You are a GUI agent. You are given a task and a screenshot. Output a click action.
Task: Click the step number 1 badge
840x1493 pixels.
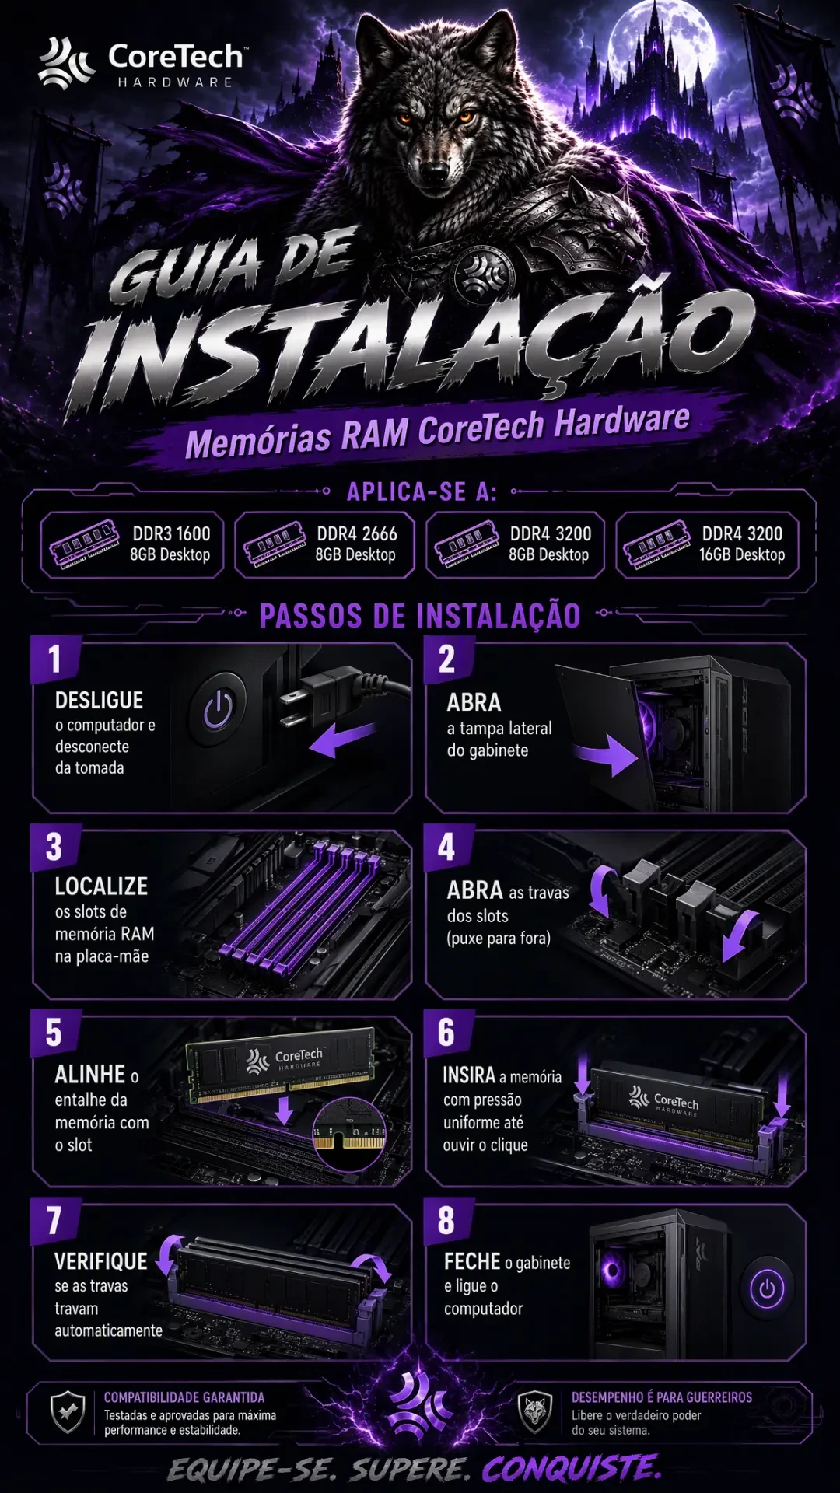point(55,659)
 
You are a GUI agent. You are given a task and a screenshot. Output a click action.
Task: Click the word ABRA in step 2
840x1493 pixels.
point(474,702)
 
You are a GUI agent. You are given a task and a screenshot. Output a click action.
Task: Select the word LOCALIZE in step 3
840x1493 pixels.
point(101,886)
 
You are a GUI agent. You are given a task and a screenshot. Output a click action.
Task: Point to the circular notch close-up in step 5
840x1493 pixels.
point(349,1134)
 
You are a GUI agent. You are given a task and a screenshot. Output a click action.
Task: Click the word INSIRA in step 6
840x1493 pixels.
point(469,1075)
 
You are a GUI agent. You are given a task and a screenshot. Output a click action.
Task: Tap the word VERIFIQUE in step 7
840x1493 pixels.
point(101,1261)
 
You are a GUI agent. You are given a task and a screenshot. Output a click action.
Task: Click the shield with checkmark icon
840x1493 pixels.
point(68,1411)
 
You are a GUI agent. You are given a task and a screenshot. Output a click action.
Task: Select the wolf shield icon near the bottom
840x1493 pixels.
point(535,1411)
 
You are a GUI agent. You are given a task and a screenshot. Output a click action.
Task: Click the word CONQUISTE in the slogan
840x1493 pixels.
point(572,1469)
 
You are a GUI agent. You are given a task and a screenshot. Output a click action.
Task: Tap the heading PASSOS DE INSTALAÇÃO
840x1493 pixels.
point(420,616)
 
